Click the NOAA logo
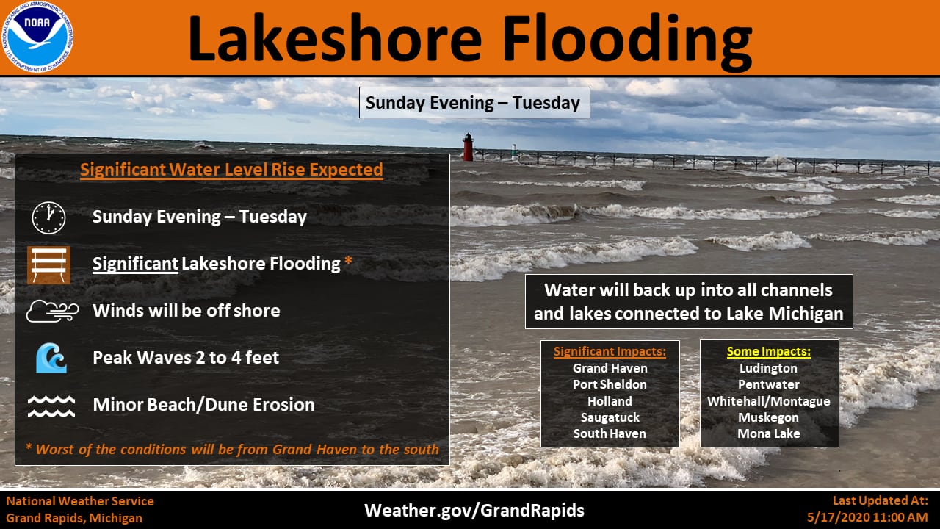[x=37, y=37]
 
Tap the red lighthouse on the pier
[x=468, y=147]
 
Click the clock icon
[x=48, y=218]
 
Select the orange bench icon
[x=48, y=265]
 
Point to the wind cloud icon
[x=52, y=311]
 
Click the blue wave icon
[x=51, y=358]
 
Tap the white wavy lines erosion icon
[x=51, y=406]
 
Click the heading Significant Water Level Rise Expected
[x=231, y=170]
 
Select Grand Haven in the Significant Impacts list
[x=610, y=368]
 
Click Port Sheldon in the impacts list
[x=610, y=384]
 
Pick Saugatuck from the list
[x=610, y=418]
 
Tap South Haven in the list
[x=610, y=433]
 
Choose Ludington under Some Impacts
[x=768, y=368]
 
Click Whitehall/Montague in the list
[x=769, y=401]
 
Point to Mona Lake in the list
[x=769, y=433]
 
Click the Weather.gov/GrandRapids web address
[x=474, y=511]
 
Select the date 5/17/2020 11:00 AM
[x=867, y=517]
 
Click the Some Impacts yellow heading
[x=769, y=351]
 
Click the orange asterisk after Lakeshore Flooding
[x=348, y=261]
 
